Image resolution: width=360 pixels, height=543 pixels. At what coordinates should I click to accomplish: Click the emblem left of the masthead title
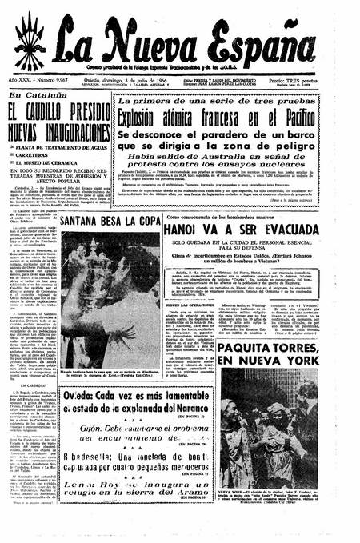[x=30, y=40]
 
